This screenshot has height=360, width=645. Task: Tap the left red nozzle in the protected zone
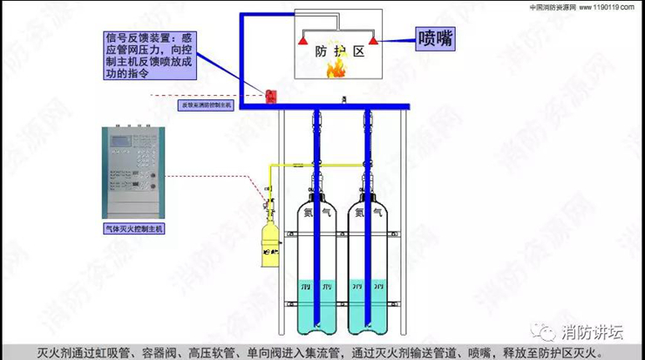[302, 39]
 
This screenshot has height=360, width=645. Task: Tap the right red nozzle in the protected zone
[372, 39]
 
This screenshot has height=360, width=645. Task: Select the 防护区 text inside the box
[339, 51]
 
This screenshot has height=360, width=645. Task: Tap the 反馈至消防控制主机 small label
[206, 105]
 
